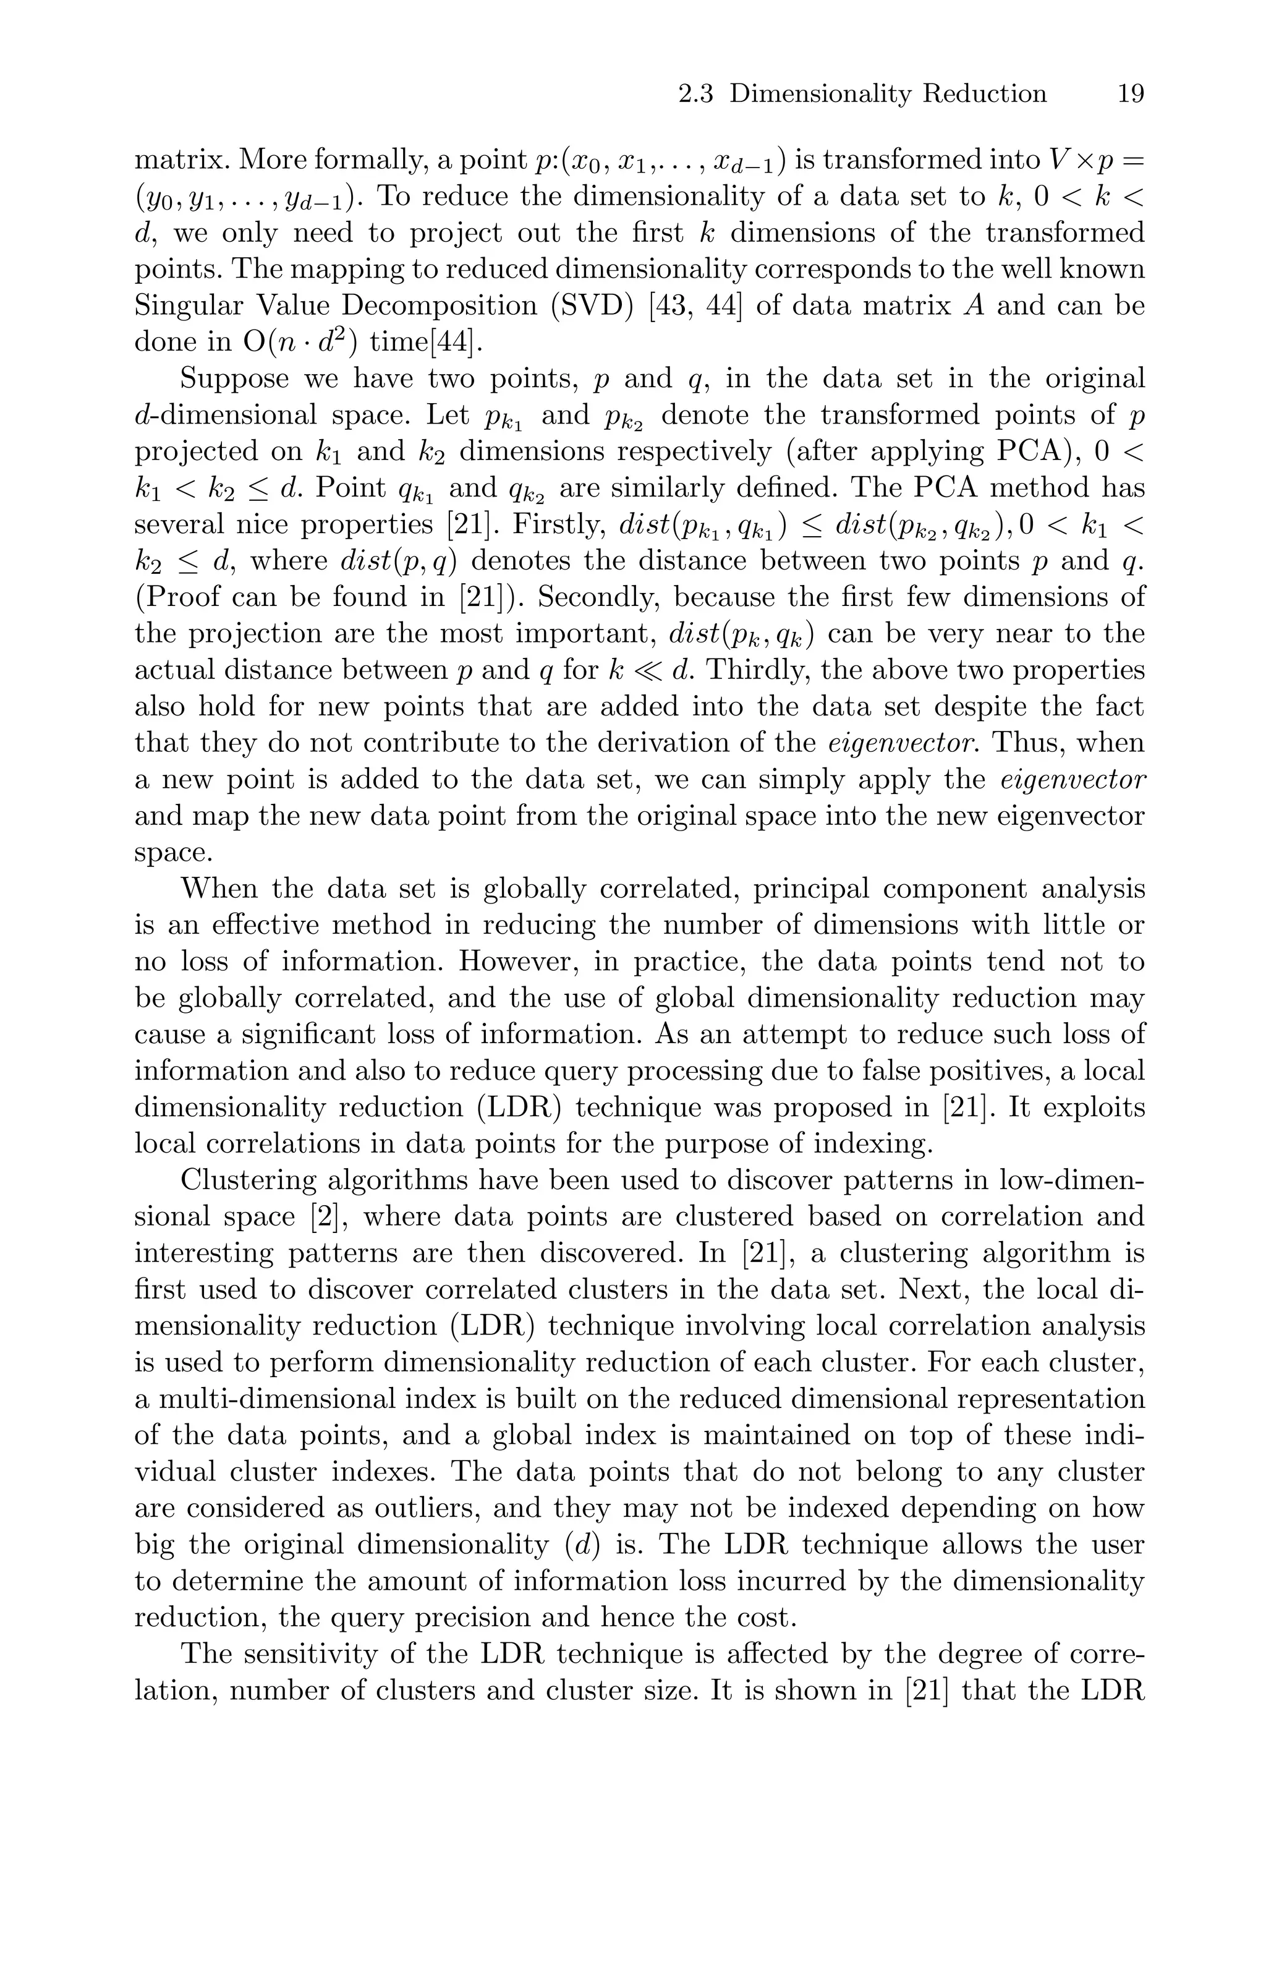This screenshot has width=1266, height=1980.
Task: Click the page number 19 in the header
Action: point(1131,94)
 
